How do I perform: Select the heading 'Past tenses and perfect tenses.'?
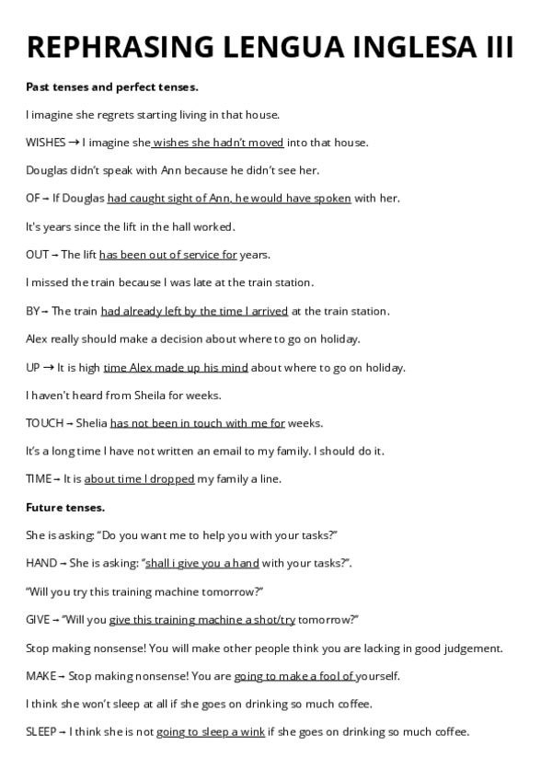(112, 86)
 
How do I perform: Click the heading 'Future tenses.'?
(65, 507)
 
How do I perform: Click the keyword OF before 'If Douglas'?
(33, 199)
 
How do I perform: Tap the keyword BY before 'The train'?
(33, 311)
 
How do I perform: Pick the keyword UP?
(33, 367)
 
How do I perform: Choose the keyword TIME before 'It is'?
(39, 479)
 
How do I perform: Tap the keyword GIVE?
(38, 619)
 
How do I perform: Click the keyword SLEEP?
(40, 732)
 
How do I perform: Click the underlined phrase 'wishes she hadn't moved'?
(218, 143)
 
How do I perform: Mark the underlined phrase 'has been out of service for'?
(168, 255)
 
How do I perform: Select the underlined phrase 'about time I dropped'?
(139, 479)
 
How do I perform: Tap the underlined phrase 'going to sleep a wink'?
(211, 732)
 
